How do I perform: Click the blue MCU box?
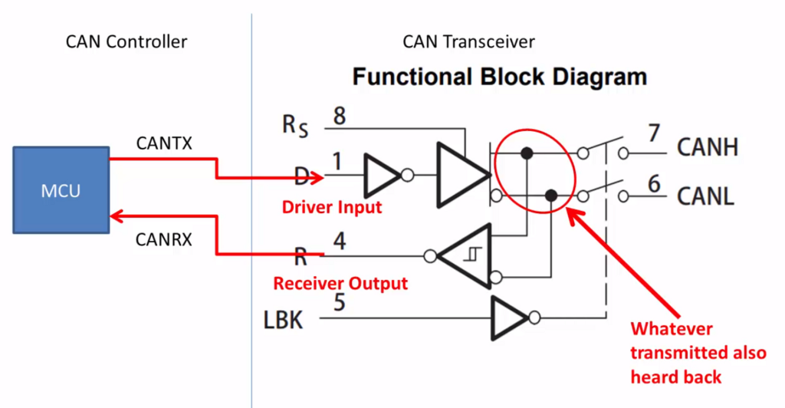coord(61,189)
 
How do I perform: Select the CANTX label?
coord(163,143)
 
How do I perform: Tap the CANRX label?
coord(163,239)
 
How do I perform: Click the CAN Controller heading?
coord(126,42)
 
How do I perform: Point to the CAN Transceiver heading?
coord(468,42)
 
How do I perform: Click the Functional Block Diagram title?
coord(499,77)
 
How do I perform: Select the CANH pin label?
coord(707,146)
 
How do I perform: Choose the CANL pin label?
coord(706,196)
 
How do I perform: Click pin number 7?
coord(653,133)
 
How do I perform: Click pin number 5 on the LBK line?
coord(338,301)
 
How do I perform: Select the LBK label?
coord(283,319)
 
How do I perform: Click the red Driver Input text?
coord(332,207)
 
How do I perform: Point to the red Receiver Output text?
coord(340,284)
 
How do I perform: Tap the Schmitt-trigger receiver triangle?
coord(470,255)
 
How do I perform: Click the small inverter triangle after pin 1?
coord(382,176)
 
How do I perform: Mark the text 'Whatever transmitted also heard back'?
coord(698,353)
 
